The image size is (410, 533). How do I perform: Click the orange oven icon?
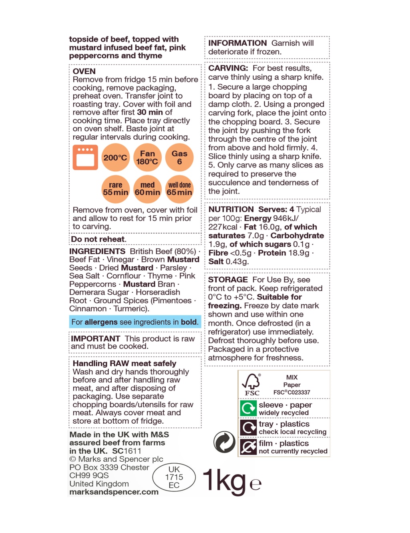coord(85,157)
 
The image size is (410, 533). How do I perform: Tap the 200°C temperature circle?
coord(115,157)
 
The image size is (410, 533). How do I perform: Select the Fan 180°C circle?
coord(147,157)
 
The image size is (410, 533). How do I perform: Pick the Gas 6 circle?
coord(179,157)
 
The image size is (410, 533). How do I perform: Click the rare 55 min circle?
coord(115,189)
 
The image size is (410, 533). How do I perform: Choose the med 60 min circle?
coord(147,189)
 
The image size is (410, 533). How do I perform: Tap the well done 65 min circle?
coord(179,189)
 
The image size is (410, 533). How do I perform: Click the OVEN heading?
coord(84,71)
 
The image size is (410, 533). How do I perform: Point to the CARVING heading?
coord(228,68)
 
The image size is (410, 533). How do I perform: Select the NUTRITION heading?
coord(231,209)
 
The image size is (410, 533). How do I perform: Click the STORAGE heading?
coord(228,280)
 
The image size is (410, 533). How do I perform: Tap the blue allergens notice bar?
coord(135,322)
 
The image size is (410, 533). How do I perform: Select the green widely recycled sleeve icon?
coord(248,408)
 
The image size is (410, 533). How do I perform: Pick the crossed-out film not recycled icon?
coord(248,447)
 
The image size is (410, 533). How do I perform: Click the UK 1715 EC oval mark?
coord(174,477)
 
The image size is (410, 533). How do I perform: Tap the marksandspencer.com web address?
coord(114,492)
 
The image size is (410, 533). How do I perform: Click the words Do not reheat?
coord(98,239)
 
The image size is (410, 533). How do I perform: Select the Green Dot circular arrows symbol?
coord(225,442)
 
